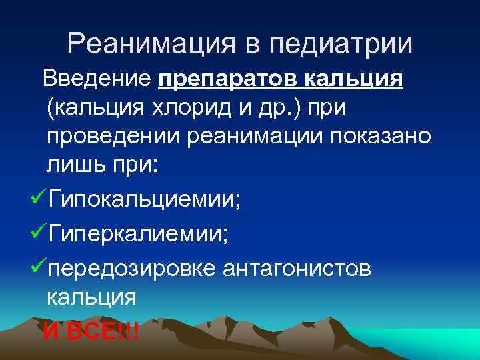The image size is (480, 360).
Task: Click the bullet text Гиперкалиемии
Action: tap(141, 233)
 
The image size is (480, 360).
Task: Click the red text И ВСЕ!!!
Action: tap(91, 329)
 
